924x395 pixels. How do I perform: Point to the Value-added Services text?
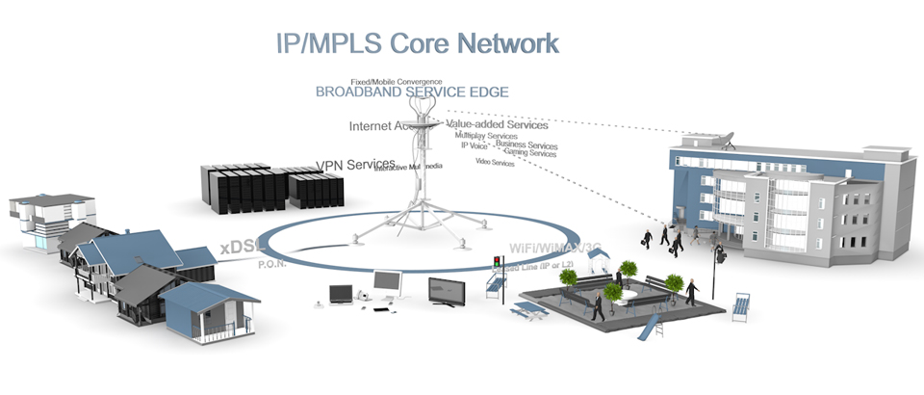click(x=498, y=124)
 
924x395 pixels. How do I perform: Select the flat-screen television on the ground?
click(x=449, y=294)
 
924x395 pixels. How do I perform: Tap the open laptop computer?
click(x=342, y=293)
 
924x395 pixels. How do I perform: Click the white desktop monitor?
click(x=388, y=282)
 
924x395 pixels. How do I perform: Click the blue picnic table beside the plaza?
click(x=527, y=310)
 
